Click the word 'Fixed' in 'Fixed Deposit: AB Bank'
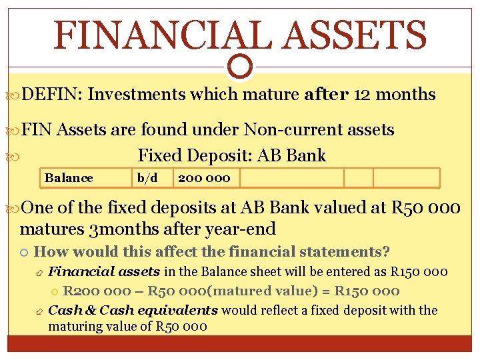159,156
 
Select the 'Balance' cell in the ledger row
69,178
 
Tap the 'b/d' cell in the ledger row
147,178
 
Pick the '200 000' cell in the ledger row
204,178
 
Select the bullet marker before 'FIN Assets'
14,130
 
